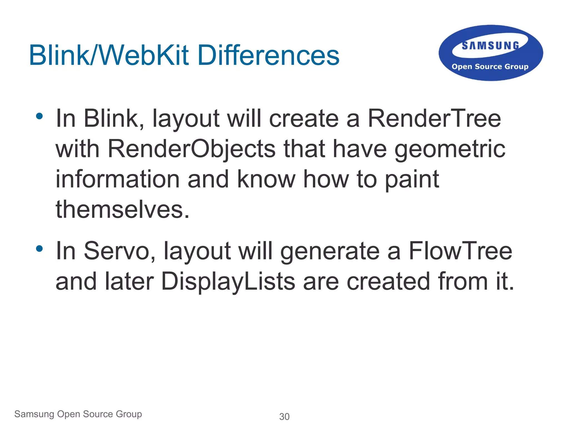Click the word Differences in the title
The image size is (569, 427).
point(268,56)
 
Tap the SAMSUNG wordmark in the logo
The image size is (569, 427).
point(490,46)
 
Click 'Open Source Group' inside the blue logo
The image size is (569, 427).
point(490,67)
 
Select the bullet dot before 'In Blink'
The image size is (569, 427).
point(39,116)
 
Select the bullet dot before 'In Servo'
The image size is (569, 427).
point(39,248)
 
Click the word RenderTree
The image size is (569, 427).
point(434,119)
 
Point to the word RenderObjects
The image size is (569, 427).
point(191,149)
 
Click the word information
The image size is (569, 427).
point(118,179)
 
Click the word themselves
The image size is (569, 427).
point(122,209)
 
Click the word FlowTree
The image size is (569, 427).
point(460,251)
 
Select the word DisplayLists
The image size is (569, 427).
point(228,282)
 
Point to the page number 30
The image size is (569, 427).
point(284,417)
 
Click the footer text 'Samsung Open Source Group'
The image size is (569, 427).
point(78,414)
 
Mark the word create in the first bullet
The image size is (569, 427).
point(304,119)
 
